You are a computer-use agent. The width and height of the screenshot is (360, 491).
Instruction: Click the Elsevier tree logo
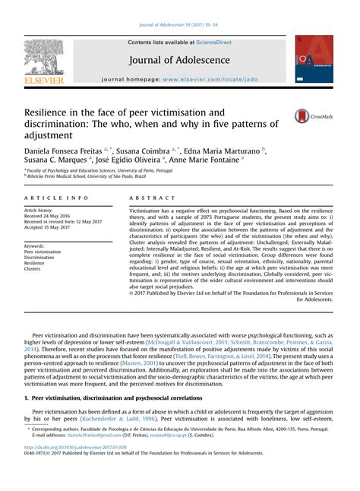tap(43, 57)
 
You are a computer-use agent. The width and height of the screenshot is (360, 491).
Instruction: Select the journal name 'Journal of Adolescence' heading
tap(180, 60)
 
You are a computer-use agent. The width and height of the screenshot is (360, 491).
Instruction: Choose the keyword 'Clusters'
tap(34, 269)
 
